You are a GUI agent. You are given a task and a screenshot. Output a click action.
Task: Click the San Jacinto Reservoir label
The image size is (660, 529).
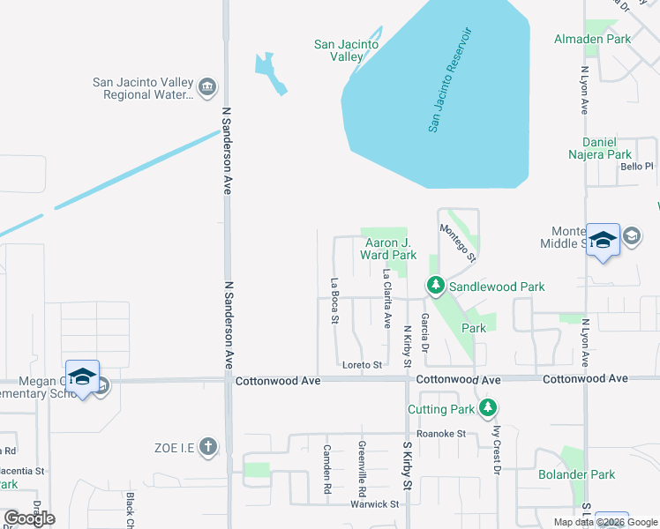(451, 80)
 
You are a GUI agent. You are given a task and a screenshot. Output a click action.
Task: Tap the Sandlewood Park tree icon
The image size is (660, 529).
(435, 286)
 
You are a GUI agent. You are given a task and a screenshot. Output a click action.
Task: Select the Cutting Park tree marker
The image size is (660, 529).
(487, 407)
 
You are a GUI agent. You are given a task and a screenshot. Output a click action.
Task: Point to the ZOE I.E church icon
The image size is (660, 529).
(207, 446)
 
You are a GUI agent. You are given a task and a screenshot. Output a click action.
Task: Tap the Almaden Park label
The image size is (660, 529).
(592, 39)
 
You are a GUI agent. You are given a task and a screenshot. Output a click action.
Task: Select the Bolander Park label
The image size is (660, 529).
(577, 474)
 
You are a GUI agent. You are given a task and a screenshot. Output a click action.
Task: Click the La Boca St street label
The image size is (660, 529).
(334, 302)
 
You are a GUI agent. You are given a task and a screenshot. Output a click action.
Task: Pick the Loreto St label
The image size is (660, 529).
(362, 364)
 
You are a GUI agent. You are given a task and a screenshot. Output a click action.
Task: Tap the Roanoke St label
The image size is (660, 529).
(441, 433)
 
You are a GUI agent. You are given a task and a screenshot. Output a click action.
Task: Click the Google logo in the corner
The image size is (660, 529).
(30, 518)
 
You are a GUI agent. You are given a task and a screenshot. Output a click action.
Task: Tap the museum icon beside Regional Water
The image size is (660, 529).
(207, 86)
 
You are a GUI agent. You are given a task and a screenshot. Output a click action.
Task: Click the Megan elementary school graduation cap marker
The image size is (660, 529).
(82, 376)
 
